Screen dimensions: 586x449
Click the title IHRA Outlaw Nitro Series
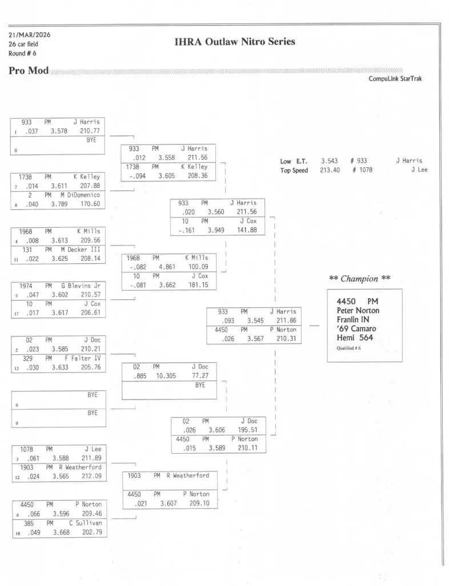[234, 42]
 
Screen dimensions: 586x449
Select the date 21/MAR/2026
[29, 35]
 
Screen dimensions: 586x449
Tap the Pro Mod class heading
[29, 71]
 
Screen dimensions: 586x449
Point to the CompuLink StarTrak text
[395, 79]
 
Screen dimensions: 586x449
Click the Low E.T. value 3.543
[330, 161]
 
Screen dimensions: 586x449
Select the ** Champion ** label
[360, 279]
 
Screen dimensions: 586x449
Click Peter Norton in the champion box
[358, 311]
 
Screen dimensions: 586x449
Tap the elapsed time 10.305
[166, 376]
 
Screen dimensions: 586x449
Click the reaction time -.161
[189, 230]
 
